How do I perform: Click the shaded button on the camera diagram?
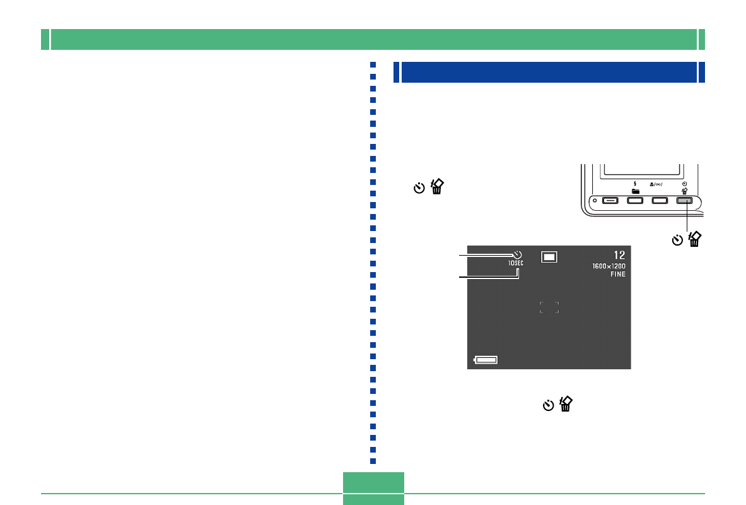pyautogui.click(x=684, y=201)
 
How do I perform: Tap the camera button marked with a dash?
pyautogui.click(x=610, y=201)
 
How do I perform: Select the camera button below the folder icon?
pyautogui.click(x=635, y=201)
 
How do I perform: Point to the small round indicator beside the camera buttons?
pyautogui.click(x=595, y=201)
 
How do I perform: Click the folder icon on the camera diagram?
pyautogui.click(x=635, y=191)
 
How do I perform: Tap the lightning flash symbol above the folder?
pyautogui.click(x=635, y=184)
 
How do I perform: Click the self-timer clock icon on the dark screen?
pyautogui.click(x=517, y=254)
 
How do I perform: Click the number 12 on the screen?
pyautogui.click(x=619, y=255)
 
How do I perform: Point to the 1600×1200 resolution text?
pyautogui.click(x=609, y=266)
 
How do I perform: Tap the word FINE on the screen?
pyautogui.click(x=617, y=275)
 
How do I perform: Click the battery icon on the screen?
pyautogui.click(x=486, y=360)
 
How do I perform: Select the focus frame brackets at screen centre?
pyautogui.click(x=549, y=307)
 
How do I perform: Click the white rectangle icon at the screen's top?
pyautogui.click(x=549, y=256)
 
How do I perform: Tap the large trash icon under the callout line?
pyautogui.click(x=695, y=239)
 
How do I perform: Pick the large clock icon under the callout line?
pyautogui.click(x=677, y=240)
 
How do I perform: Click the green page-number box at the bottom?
pyautogui.click(x=373, y=489)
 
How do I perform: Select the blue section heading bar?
pyautogui.click(x=549, y=72)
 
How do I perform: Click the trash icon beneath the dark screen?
pyautogui.click(x=566, y=404)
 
